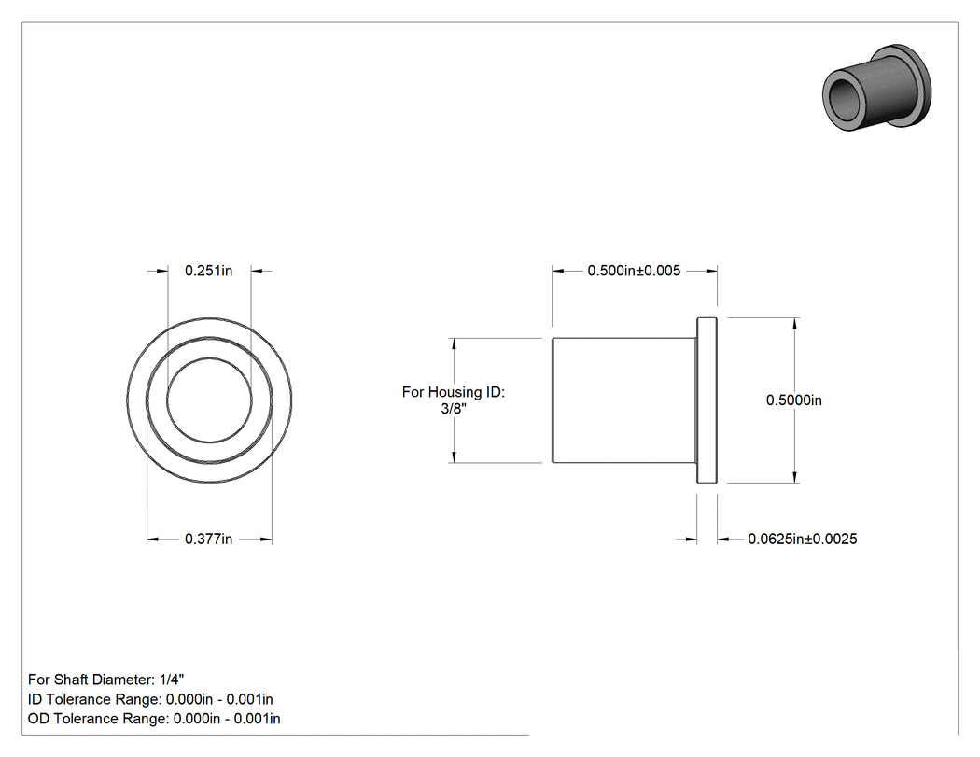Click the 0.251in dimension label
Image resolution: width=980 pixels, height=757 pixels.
208,271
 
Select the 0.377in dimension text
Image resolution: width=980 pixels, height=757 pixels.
208,539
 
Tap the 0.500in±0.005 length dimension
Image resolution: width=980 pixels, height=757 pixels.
634,271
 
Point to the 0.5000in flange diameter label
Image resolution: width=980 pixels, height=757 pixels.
793,400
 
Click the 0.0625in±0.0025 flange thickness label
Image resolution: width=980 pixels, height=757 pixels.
803,539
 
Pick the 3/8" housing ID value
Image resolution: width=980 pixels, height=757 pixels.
453,408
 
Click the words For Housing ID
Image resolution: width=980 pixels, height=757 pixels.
453,392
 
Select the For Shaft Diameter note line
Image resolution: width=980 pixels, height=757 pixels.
105,680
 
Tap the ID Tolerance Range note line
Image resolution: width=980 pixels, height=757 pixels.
150,699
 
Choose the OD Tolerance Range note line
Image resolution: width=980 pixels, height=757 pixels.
154,719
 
